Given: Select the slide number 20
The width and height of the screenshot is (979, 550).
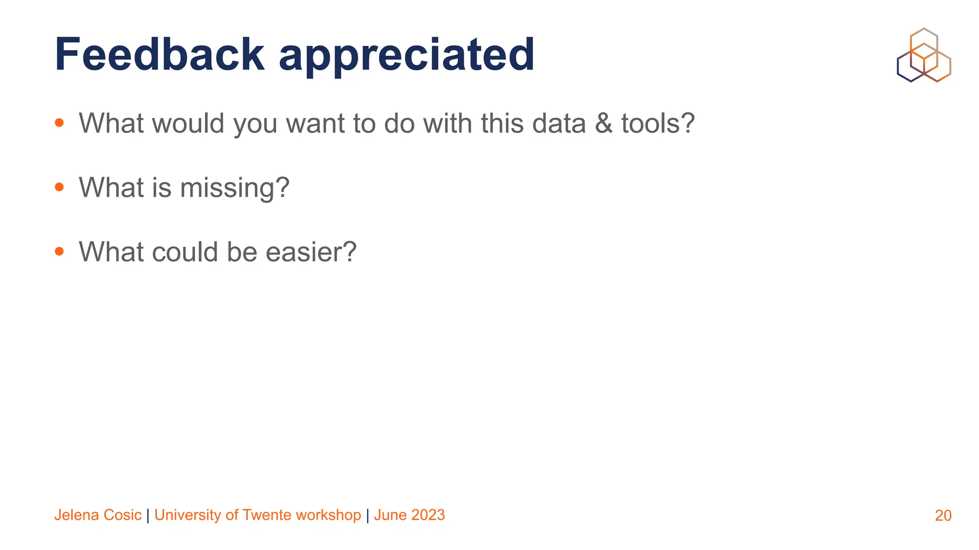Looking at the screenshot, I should tap(943, 516).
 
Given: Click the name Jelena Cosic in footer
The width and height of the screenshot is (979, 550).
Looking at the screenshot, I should tap(98, 515).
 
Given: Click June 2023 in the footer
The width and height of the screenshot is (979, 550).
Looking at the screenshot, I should tap(409, 515).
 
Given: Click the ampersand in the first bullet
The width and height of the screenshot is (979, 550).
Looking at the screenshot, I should tap(603, 123).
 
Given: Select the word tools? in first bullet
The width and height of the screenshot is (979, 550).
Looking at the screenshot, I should tap(658, 123).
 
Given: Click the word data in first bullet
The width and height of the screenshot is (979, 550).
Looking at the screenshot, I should tap(559, 123).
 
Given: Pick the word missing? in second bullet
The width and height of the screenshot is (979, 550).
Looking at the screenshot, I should tap(235, 188).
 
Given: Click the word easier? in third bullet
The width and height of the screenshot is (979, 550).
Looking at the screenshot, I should tap(311, 252).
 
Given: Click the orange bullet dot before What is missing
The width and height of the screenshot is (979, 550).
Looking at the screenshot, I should tap(59, 187).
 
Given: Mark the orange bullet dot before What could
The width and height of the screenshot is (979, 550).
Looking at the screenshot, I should tap(59, 251).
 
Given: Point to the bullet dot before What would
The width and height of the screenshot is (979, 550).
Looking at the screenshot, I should tap(59, 123).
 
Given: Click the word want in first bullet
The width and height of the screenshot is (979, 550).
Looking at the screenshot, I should tap(315, 123).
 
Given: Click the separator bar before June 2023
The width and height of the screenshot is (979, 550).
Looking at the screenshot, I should tap(367, 515).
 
